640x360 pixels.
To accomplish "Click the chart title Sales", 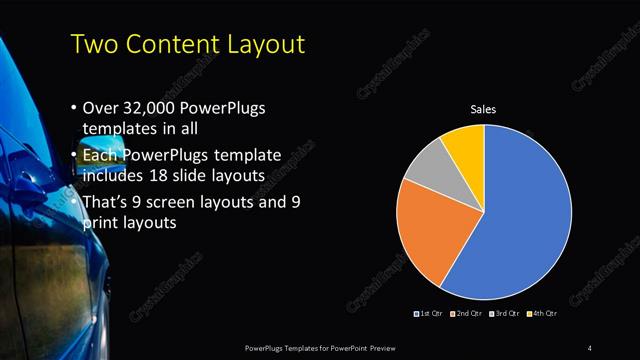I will [x=484, y=109].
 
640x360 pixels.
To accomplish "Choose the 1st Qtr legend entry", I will [x=431, y=314].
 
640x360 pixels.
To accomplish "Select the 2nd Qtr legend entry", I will [x=468, y=314].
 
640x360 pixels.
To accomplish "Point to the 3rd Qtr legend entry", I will [x=504, y=314].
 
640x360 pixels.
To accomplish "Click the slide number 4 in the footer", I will [x=590, y=347].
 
